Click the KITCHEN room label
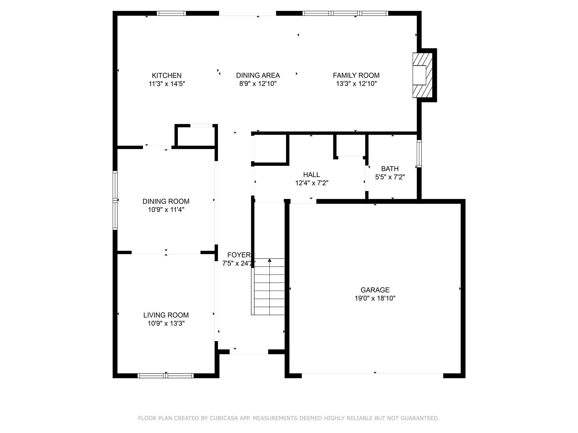pyautogui.click(x=167, y=76)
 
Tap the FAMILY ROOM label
pyautogui.click(x=356, y=76)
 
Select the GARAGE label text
pyautogui.click(x=375, y=290)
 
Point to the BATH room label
pyautogui.click(x=390, y=169)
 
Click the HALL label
pyautogui.click(x=312, y=175)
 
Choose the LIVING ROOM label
pyautogui.click(x=166, y=315)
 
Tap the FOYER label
pyautogui.click(x=239, y=255)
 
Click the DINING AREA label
pyautogui.click(x=258, y=76)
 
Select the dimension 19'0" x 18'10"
pyautogui.click(x=375, y=298)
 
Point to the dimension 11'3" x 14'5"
pyautogui.click(x=167, y=84)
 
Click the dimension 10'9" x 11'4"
pyautogui.click(x=166, y=210)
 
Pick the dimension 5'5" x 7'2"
pyautogui.click(x=390, y=177)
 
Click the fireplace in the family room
pyautogui.click(x=422, y=75)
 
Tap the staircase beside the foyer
pyautogui.click(x=268, y=286)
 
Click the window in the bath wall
pyautogui.click(x=419, y=154)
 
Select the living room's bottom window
pyautogui.click(x=166, y=375)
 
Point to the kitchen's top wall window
pyautogui.click(x=171, y=13)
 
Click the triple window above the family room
pyautogui.click(x=345, y=13)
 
